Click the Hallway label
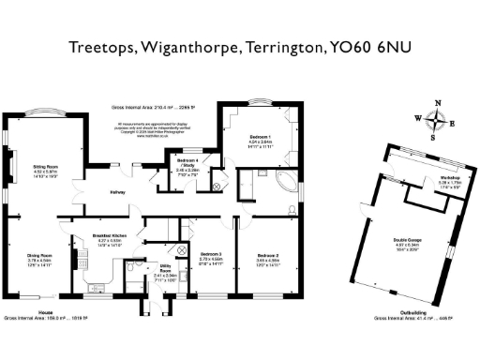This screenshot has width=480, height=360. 115,193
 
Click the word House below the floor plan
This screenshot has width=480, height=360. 46,310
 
